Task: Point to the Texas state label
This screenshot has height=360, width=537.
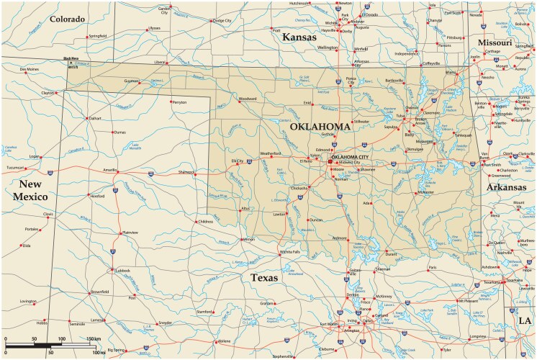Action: (265, 276)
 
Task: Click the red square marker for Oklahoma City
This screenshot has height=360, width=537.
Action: (330, 162)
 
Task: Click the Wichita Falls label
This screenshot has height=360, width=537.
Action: (289, 252)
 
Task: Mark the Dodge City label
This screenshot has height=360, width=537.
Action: (222, 20)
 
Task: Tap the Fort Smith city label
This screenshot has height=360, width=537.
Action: (493, 164)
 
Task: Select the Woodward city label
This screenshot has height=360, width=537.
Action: (248, 98)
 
